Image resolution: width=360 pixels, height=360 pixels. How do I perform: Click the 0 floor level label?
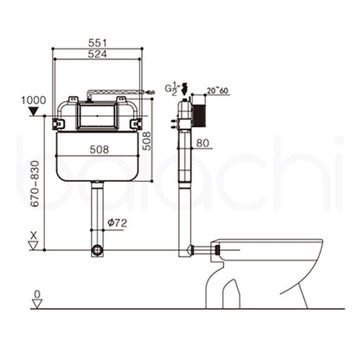coord(35,295)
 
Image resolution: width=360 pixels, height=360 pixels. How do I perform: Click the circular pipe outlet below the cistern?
coord(98,251)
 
